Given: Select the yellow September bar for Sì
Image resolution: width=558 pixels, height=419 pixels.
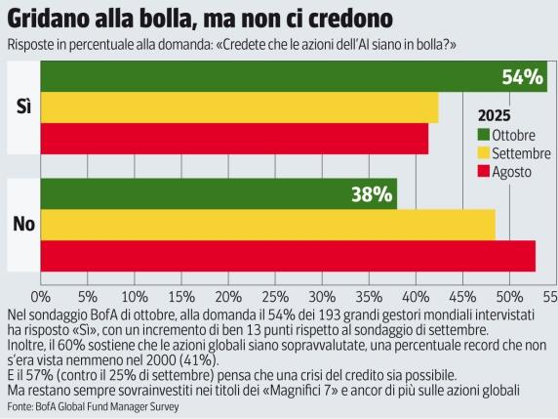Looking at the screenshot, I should (x=239, y=107).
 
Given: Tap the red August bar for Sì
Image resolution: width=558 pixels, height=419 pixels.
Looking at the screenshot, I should (x=234, y=139).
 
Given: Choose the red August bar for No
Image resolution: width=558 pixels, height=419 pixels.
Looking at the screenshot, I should (x=288, y=256).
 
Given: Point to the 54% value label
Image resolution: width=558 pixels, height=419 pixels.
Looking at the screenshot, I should (x=522, y=77).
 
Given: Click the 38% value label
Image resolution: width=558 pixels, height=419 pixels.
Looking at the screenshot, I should (x=371, y=193).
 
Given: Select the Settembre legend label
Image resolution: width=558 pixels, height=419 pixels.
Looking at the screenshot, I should (x=521, y=153).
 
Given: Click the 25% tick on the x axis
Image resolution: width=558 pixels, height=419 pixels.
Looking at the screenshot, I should (x=275, y=294).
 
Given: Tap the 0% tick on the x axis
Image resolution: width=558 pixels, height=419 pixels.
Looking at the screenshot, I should (x=40, y=294).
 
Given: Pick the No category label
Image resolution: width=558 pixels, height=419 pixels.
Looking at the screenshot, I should (x=23, y=225).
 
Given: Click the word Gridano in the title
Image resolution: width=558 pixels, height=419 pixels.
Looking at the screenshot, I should (x=49, y=19).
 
